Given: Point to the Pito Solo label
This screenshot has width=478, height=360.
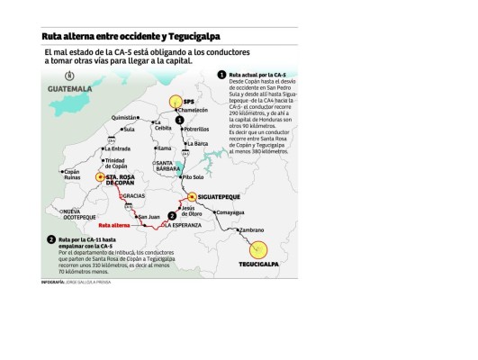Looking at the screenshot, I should point(194,177).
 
